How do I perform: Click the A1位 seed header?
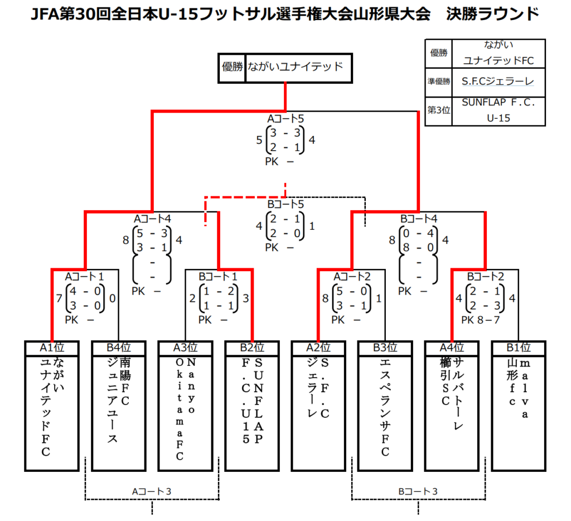coord(52,348)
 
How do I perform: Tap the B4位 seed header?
coord(119,348)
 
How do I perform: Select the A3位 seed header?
coord(185,348)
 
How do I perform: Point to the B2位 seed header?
coord(252,348)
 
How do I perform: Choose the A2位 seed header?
coord(318,348)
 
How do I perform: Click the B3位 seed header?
coord(385,348)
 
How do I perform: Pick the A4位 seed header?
coord(452,348)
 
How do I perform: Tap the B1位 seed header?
coord(519,348)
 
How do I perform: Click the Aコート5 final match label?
coord(285,119)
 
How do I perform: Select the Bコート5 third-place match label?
coord(285,204)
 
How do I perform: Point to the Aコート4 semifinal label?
coord(152,219)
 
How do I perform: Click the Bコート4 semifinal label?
coord(419,219)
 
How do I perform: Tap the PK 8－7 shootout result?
coord(481,320)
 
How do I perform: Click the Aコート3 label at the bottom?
coord(152,491)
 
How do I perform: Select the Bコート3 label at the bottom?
coord(418,491)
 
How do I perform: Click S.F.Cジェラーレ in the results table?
coord(498,81)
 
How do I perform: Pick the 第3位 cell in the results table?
coord(439,110)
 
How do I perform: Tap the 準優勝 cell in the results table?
coord(439,81)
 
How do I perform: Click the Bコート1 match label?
coord(218,277)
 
